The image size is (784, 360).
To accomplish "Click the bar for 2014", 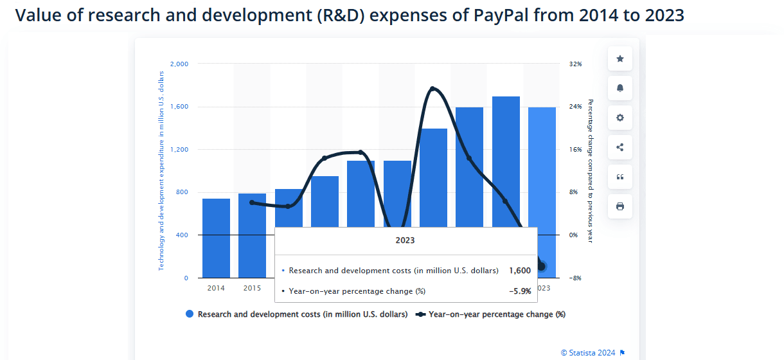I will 216,238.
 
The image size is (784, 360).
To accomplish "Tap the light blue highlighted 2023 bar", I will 542,167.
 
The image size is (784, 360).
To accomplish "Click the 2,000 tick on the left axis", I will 179,64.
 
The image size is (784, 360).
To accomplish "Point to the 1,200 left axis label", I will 179,150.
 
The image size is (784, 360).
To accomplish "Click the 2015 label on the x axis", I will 252,288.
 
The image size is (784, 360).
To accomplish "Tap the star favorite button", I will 620,59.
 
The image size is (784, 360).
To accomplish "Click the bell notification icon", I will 620,88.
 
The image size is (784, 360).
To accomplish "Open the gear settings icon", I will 620,118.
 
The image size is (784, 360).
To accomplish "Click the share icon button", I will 620,147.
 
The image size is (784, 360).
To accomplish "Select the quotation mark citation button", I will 620,177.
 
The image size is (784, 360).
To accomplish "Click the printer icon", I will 620,206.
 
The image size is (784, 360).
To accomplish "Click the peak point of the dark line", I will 432,88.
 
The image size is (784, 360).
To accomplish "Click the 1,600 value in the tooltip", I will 519,271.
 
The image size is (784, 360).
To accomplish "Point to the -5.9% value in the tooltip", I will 519,291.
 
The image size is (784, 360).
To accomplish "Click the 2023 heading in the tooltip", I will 405,240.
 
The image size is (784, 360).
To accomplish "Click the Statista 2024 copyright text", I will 587,352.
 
